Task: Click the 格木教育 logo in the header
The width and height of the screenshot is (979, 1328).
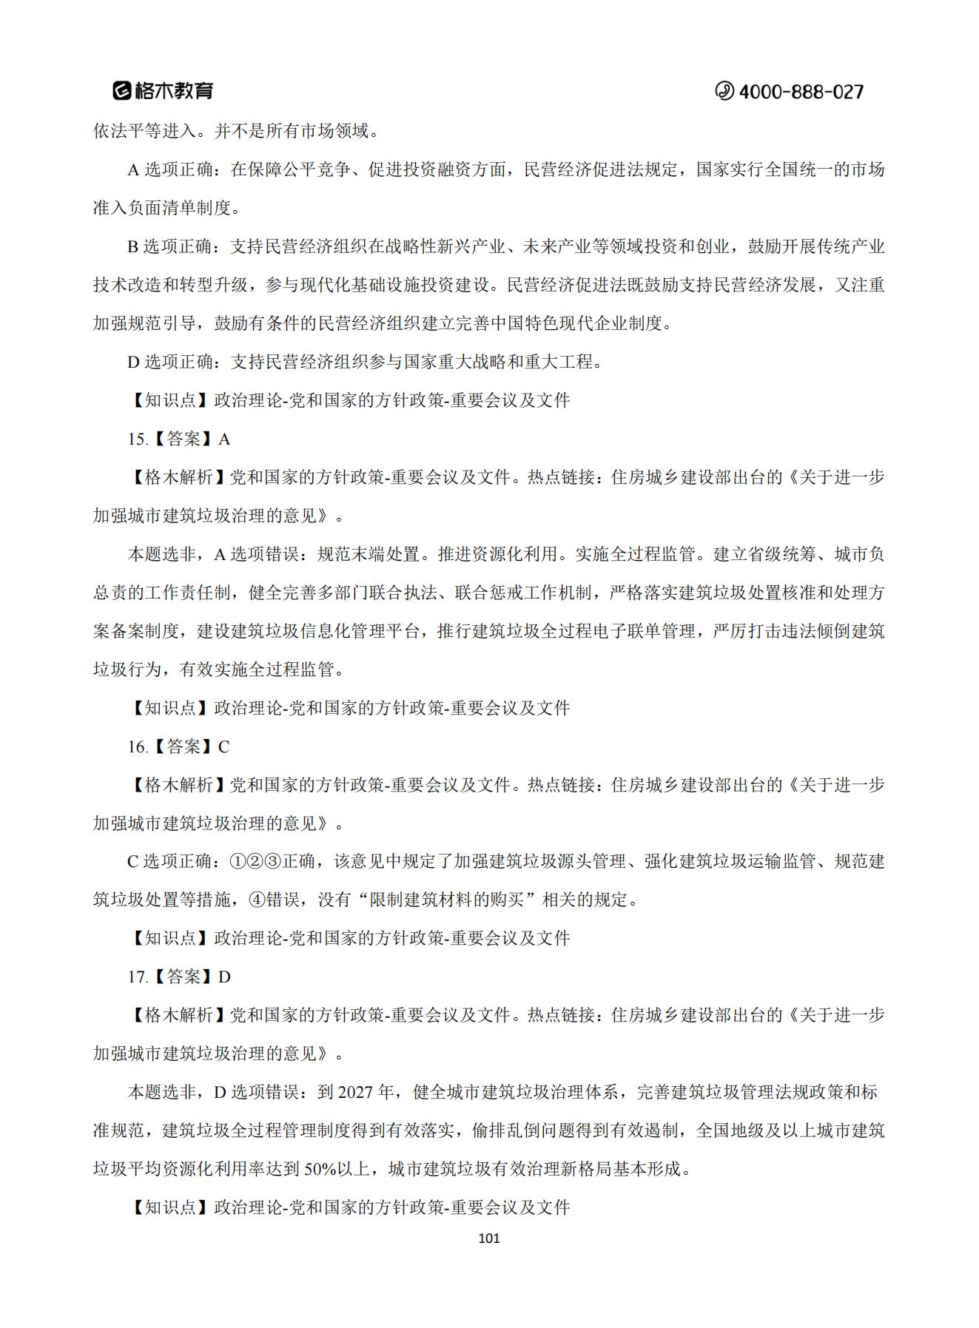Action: coord(163,90)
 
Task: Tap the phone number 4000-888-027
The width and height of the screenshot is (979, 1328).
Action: coord(801,92)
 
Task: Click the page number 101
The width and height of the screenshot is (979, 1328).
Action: coord(489,1238)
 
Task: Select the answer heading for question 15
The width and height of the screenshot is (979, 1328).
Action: coord(178,439)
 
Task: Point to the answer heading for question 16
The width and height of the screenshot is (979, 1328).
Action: coord(178,746)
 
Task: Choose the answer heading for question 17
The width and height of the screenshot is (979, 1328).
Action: coord(178,977)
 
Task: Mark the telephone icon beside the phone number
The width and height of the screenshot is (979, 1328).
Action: coord(724,91)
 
